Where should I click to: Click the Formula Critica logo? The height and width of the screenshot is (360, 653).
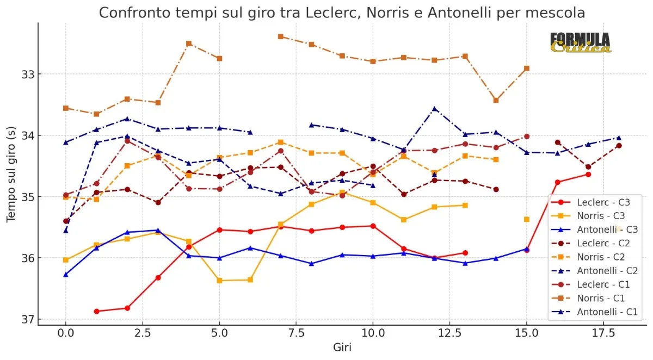580,42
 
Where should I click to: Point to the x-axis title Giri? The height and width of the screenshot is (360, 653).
342,347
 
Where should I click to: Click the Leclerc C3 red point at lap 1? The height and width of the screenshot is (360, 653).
96,312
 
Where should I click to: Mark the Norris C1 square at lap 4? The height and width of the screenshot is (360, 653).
189,44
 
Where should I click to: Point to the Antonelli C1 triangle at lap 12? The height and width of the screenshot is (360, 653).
434,109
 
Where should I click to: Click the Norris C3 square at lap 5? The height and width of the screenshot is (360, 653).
219,281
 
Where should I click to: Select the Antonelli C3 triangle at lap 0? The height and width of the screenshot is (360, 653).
66,275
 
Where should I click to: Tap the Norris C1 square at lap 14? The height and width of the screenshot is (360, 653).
496,100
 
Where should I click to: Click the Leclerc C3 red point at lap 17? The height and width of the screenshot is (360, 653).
588,174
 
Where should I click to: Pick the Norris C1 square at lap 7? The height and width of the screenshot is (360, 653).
281,36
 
